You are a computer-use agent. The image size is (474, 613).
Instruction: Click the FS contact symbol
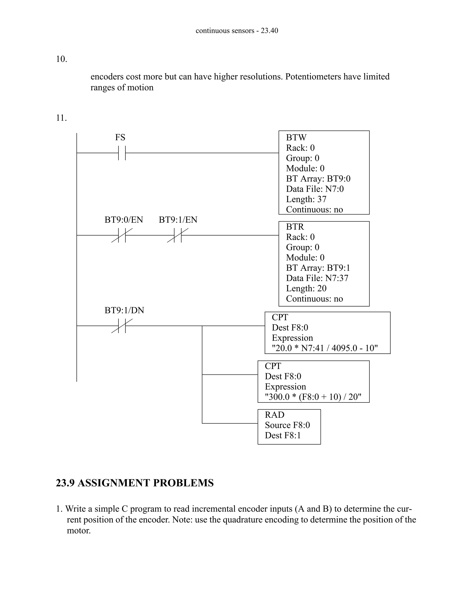(122, 153)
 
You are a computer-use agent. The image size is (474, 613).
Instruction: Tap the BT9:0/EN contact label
(124, 220)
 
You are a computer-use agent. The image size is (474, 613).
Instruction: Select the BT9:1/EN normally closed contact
(178, 235)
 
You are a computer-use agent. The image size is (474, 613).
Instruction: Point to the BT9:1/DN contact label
(124, 310)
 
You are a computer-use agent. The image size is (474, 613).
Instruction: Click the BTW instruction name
(296, 138)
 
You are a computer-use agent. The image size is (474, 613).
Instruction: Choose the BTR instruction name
(295, 227)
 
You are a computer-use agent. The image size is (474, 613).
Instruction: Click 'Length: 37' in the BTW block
(306, 199)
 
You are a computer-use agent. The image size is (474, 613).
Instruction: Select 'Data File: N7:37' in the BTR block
(317, 278)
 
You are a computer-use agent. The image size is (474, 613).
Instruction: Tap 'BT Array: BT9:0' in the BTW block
(318, 179)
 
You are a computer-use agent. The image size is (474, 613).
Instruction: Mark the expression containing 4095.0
(325, 348)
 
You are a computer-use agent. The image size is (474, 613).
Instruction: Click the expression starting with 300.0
(313, 397)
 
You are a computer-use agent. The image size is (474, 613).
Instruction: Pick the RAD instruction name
(274, 415)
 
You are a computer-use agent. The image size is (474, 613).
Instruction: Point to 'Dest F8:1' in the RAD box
(283, 435)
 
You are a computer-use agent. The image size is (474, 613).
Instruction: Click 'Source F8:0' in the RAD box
(287, 425)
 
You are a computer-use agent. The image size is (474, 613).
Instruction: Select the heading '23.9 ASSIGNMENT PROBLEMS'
(135, 483)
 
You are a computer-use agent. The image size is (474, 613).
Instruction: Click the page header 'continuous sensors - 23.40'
(237, 31)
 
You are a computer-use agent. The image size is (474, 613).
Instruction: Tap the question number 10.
(62, 59)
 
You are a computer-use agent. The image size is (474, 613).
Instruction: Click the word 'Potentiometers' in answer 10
(313, 77)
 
